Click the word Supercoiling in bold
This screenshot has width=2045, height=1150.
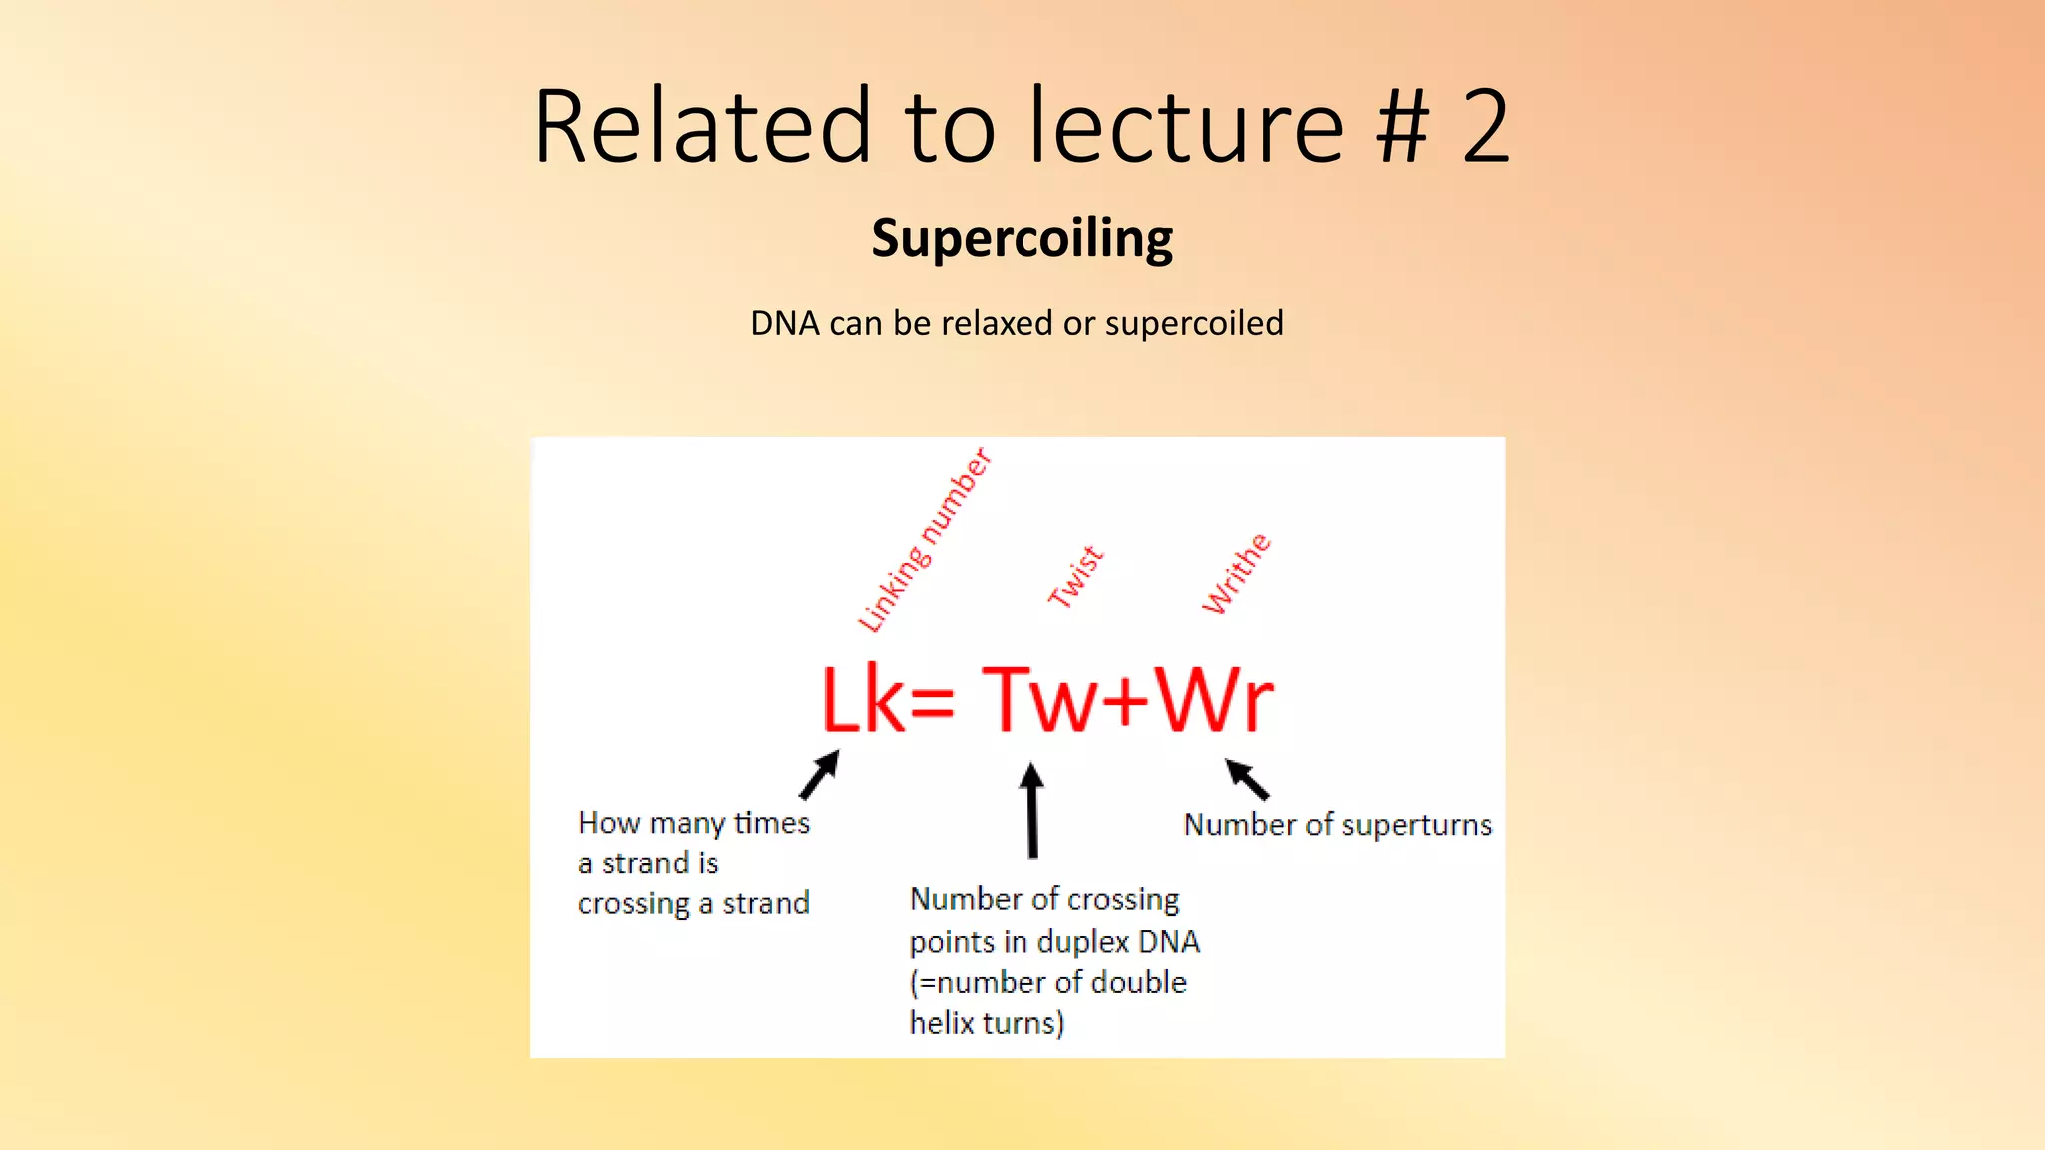click(1022, 239)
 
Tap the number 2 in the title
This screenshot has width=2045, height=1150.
click(1485, 126)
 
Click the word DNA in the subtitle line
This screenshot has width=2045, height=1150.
click(784, 323)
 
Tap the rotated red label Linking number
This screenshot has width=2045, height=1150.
click(925, 540)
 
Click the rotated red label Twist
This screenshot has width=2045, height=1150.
click(1075, 577)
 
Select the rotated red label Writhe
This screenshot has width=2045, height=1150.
click(1236, 574)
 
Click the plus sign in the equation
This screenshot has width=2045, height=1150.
click(1128, 701)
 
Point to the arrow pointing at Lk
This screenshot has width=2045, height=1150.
click(820, 775)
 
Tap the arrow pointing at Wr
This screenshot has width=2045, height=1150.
click(1247, 779)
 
